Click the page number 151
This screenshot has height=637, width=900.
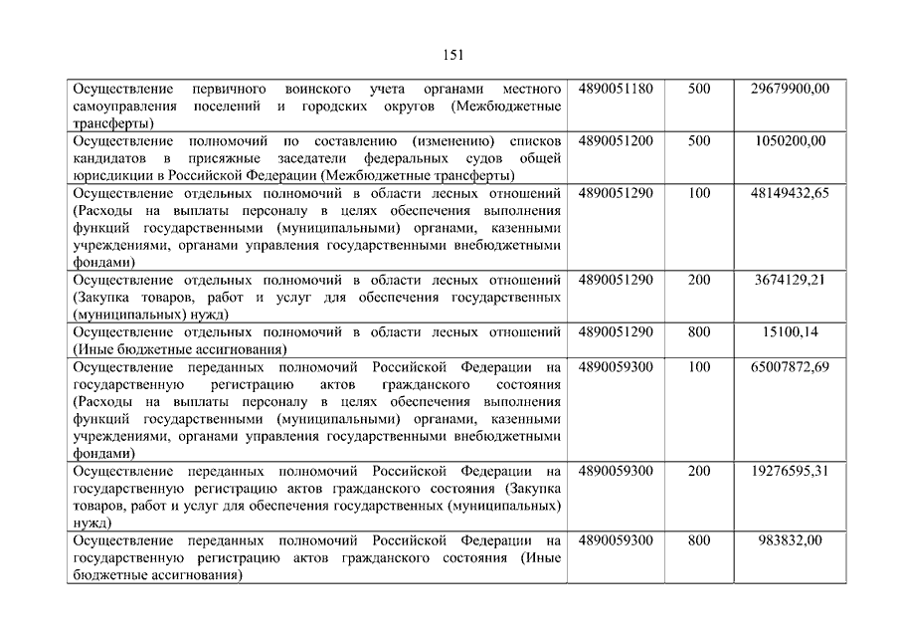[450, 55]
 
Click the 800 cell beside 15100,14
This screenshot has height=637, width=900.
[699, 331]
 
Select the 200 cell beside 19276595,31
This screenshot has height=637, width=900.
[699, 471]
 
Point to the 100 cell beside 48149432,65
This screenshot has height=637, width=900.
[699, 193]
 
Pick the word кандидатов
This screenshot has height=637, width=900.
[108, 158]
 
